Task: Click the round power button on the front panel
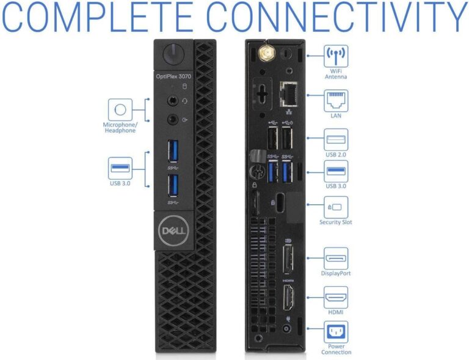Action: tap(173, 54)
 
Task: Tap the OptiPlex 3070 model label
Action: tap(173, 76)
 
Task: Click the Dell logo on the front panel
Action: tap(173, 230)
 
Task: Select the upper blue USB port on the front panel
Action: tap(173, 150)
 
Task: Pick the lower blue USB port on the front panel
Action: tap(173, 185)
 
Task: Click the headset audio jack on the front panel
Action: tap(173, 101)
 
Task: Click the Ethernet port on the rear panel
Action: tap(288, 94)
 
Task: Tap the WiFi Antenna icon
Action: tap(336, 56)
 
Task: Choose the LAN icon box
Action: tap(336, 101)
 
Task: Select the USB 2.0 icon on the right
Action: tap(336, 139)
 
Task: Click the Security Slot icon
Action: tap(336, 207)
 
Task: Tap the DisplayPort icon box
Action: tap(336, 259)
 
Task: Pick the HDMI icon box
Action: tap(336, 297)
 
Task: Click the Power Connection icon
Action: tap(336, 332)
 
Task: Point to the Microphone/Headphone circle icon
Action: tap(120, 109)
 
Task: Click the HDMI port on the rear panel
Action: tap(288, 298)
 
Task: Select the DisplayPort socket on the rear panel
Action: tap(288, 259)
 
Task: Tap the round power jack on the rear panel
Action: tap(286, 329)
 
